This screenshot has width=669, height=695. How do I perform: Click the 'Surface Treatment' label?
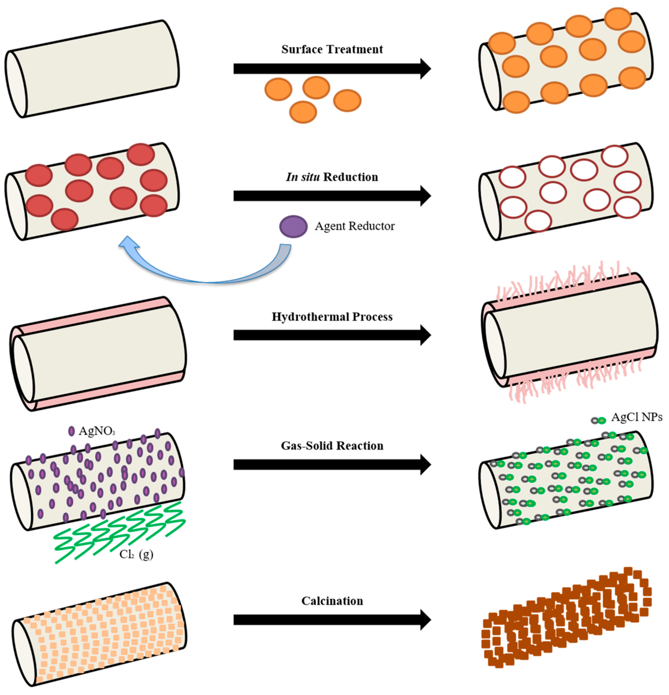pos(332,49)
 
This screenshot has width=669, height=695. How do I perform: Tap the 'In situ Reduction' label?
pos(332,177)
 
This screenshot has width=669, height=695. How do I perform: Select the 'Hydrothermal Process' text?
pos(332,317)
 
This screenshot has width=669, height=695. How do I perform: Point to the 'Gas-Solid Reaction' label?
pos(332,446)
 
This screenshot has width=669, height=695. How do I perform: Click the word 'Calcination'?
pos(332,601)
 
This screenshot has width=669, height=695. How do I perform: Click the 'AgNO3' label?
pos(97,431)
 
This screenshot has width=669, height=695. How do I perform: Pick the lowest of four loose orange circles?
pos(303,112)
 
